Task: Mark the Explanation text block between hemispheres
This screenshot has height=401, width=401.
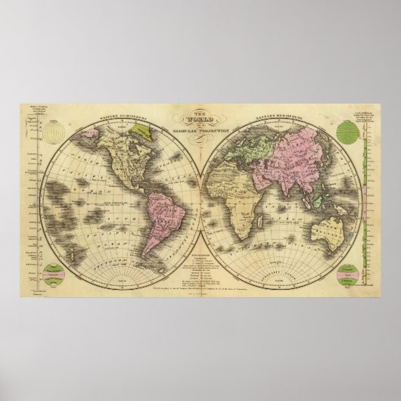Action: (x=200, y=265)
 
